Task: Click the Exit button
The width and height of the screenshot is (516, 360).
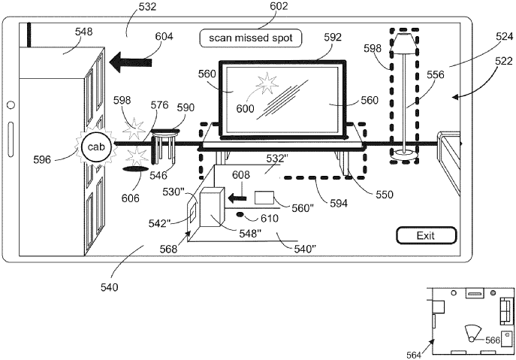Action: coord(426,236)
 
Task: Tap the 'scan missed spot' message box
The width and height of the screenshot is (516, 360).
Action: coord(250,36)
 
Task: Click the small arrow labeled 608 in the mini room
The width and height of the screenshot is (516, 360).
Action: coord(237,198)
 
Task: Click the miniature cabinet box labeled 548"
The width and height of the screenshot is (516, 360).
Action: coord(215,207)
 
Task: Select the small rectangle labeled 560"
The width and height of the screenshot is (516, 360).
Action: coord(265,198)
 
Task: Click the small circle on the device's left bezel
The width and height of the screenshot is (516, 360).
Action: coord(11,104)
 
